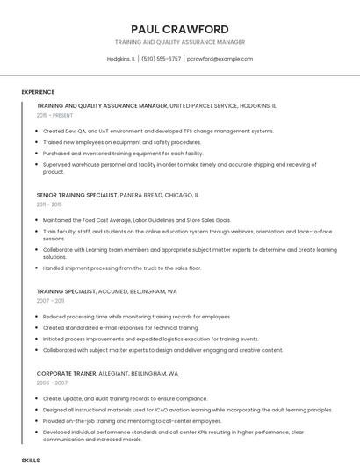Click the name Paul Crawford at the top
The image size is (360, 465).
tap(179, 29)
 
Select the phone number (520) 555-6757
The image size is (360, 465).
tap(161, 59)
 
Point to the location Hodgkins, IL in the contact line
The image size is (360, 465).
tap(121, 59)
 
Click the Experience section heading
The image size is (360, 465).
tap(38, 92)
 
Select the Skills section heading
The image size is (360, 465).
tap(31, 459)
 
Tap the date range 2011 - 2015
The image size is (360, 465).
tap(49, 204)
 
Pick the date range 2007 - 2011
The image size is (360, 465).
tap(50, 300)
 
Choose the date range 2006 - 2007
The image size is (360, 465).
tap(51, 383)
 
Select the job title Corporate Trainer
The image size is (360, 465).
tap(65, 373)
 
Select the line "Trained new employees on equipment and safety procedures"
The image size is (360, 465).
tap(122, 141)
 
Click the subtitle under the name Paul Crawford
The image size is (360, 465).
tap(179, 42)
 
